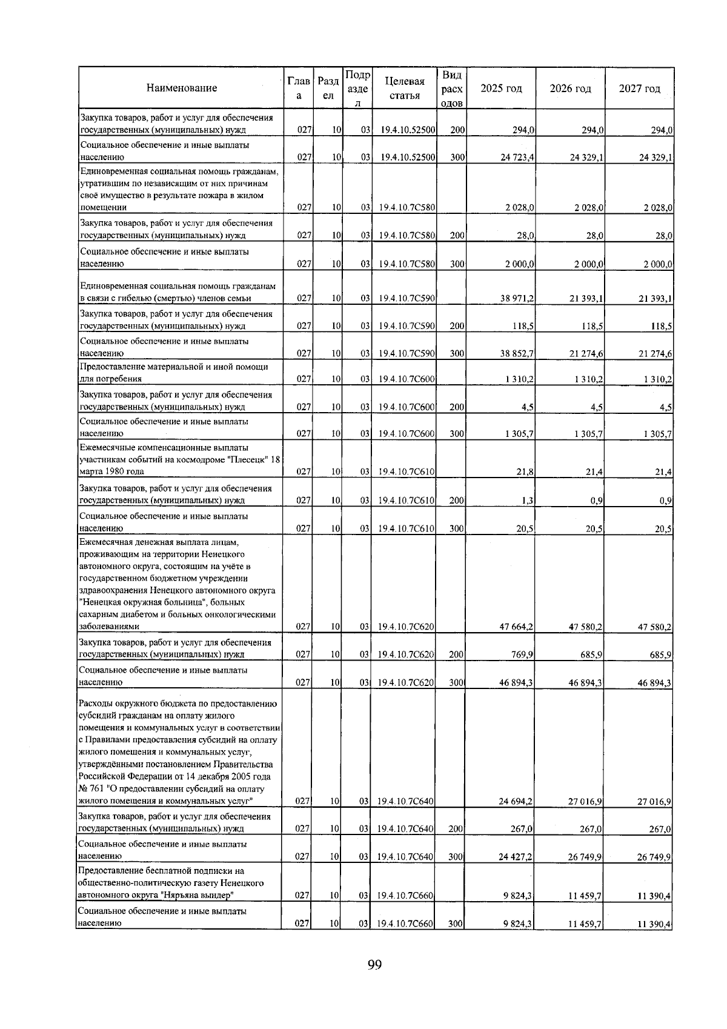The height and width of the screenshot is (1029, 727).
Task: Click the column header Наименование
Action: [181, 88]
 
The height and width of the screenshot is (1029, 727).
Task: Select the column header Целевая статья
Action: [403, 88]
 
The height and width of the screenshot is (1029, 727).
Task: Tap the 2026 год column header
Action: [570, 88]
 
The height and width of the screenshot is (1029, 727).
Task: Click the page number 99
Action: [374, 965]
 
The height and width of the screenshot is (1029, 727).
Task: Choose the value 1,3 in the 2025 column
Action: [527, 501]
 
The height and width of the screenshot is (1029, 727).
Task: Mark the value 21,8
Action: [525, 472]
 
